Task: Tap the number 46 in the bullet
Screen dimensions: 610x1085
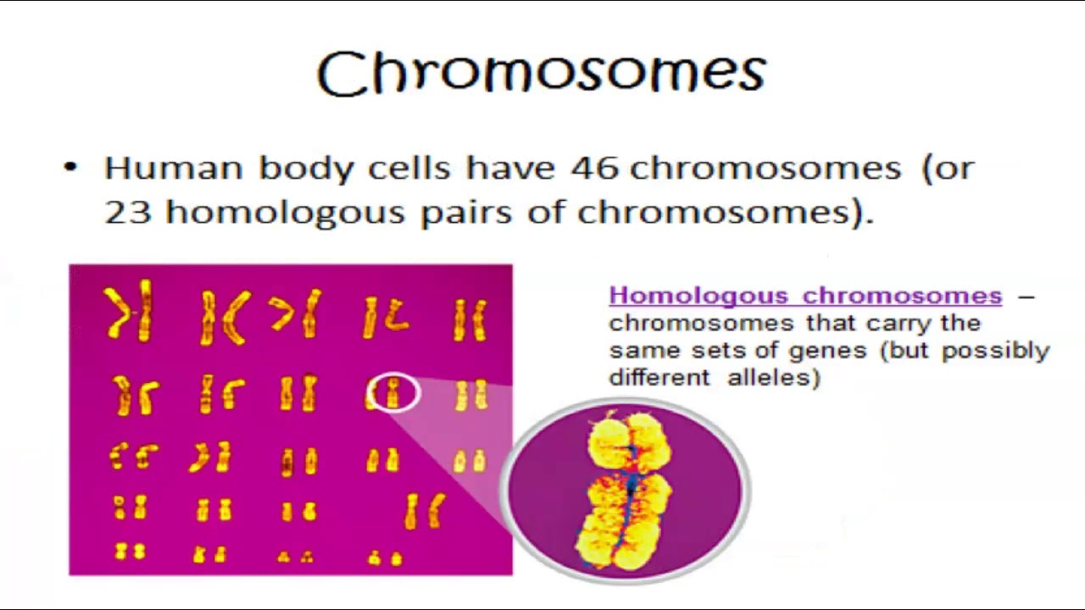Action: click(596, 168)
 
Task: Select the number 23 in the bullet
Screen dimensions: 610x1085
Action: click(127, 212)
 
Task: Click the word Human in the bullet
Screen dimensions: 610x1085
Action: click(173, 168)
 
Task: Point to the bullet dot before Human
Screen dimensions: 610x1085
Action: click(70, 167)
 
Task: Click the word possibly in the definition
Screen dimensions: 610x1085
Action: click(995, 350)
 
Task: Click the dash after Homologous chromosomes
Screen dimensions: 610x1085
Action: click(1026, 297)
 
